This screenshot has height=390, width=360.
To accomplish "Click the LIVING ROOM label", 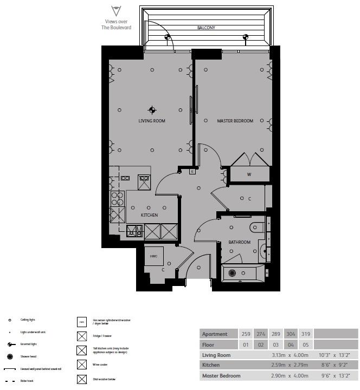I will pyautogui.click(x=151, y=121).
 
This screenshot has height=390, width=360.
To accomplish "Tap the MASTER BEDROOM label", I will pyautogui.click(x=235, y=121).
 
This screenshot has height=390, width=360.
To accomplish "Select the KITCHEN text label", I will pyautogui.click(x=149, y=215).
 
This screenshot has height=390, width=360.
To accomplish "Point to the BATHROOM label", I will pyautogui.click(x=239, y=242).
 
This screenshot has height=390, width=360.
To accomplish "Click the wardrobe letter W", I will pyautogui.click(x=249, y=174).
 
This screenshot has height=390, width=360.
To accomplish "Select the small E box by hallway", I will pyautogui.click(x=192, y=172).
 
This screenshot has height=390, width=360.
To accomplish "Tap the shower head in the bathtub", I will pyautogui.click(x=233, y=273).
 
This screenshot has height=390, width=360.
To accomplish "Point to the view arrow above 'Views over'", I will pyautogui.click(x=115, y=10).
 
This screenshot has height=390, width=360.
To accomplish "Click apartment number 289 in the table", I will pyautogui.click(x=276, y=334).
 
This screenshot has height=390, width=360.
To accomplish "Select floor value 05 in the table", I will pyautogui.click(x=305, y=344).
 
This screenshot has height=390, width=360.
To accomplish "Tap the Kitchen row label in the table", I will pyautogui.click(x=211, y=365).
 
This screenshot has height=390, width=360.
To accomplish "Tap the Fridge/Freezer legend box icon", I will pyautogui.click(x=82, y=336).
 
